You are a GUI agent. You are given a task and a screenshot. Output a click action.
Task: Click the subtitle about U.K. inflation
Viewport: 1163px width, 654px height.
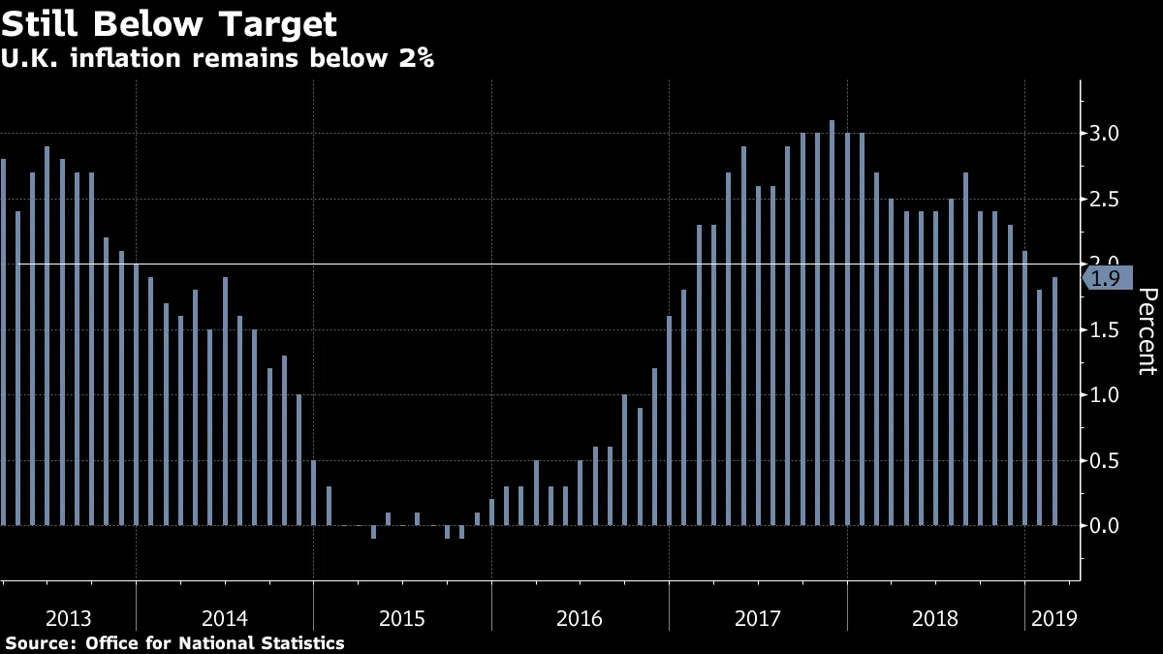[217, 58]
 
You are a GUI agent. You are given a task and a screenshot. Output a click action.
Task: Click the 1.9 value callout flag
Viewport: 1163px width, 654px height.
[1105, 279]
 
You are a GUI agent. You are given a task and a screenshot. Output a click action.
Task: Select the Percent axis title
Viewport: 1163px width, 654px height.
[1147, 330]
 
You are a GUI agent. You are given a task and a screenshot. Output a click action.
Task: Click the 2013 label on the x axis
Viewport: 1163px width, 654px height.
[68, 618]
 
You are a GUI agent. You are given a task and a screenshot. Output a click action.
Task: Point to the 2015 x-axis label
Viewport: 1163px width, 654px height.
[402, 618]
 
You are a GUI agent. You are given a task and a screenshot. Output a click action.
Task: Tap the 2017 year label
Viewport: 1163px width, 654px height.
[758, 618]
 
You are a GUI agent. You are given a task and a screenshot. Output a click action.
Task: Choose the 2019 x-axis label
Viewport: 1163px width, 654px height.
[1053, 618]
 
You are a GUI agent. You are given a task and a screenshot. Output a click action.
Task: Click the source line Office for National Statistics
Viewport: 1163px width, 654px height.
[174, 642]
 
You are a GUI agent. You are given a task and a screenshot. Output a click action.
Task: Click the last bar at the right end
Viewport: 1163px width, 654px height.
[1054, 401]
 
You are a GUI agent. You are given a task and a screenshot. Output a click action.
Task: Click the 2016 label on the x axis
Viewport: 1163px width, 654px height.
[580, 618]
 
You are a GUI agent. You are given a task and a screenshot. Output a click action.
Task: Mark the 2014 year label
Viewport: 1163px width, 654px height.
[225, 618]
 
